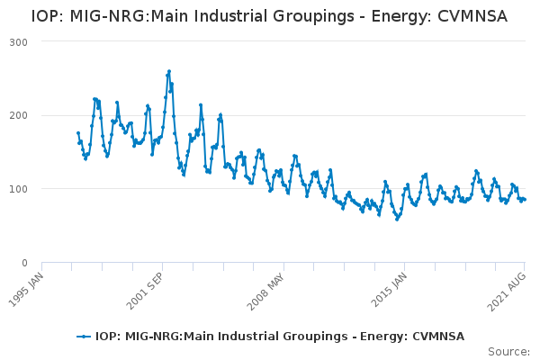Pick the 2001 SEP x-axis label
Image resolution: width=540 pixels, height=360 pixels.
click(x=148, y=287)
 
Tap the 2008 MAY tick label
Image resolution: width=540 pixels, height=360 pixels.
click(x=269, y=287)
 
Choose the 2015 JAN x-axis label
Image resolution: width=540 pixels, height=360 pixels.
click(x=391, y=287)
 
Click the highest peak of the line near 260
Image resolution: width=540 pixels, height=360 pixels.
click(x=169, y=71)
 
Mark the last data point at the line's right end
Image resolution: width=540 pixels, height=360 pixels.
click(x=525, y=200)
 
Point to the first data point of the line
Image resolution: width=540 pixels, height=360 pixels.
click(x=78, y=133)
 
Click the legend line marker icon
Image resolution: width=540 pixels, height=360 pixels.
click(x=85, y=337)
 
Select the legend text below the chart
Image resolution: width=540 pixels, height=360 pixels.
click(x=279, y=337)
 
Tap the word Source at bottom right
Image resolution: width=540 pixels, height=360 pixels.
click(x=508, y=352)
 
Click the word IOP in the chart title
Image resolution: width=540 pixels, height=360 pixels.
click(x=47, y=16)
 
